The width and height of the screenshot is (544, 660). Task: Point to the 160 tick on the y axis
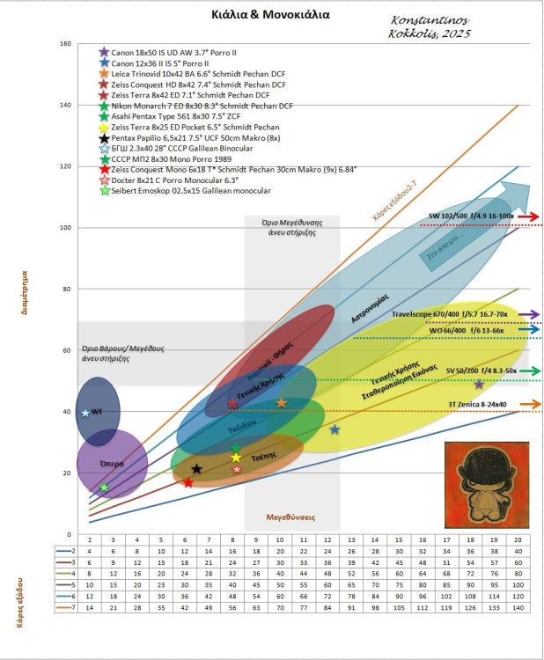coord(66,44)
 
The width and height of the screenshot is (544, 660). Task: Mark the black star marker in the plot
coord(196,469)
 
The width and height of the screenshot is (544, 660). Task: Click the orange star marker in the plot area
coord(282,402)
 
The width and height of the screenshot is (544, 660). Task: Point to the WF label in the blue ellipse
coord(97,412)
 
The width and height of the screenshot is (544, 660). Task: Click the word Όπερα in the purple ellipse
coord(111,462)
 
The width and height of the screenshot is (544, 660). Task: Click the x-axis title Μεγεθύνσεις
coord(291,517)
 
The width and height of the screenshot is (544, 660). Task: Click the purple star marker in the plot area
coord(479,385)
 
